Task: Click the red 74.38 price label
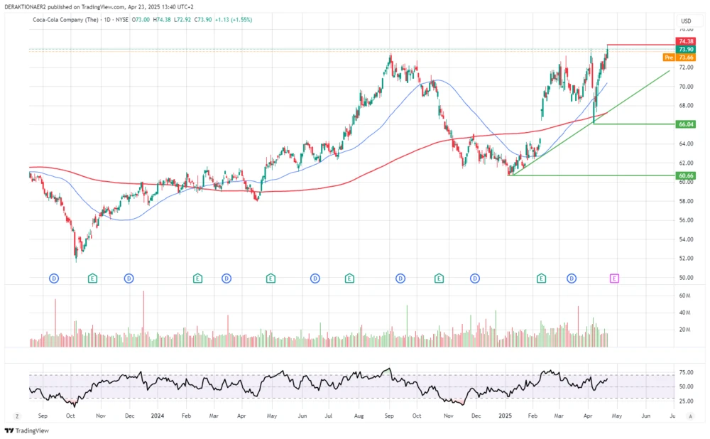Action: point(685,42)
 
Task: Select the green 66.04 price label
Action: point(685,124)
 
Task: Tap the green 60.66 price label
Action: point(685,175)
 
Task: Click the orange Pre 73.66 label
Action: point(679,57)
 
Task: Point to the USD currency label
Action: point(686,21)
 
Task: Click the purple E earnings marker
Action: point(614,278)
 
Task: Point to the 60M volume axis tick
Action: point(685,295)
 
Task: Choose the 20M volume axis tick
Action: point(685,330)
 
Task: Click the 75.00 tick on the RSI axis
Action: point(686,372)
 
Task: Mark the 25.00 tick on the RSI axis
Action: point(686,401)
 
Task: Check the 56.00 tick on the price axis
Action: point(686,220)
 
